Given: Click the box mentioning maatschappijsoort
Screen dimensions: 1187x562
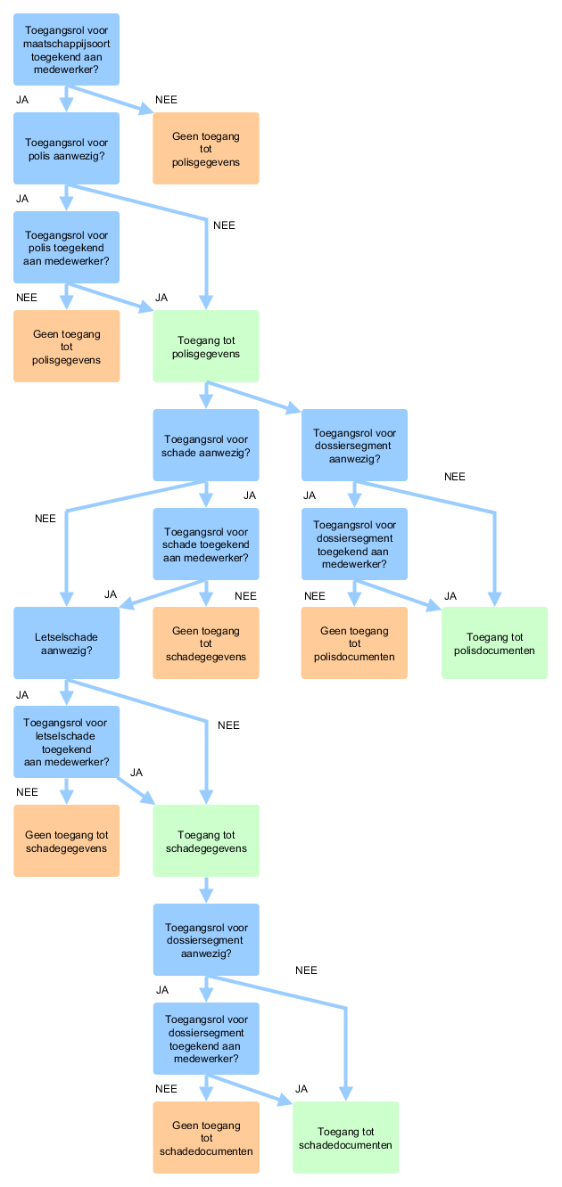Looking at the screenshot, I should [x=66, y=50].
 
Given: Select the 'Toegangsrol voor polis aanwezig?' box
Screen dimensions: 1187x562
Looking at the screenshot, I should [x=66, y=148].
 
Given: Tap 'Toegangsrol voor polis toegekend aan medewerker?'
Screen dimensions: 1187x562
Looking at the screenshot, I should [x=66, y=248].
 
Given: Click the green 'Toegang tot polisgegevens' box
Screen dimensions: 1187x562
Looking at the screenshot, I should [x=206, y=347].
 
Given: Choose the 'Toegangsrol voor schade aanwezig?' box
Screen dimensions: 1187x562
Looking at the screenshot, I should [x=206, y=446].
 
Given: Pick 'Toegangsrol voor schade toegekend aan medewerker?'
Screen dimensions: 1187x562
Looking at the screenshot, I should [x=206, y=544].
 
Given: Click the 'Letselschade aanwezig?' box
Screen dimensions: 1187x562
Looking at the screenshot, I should [x=66, y=643].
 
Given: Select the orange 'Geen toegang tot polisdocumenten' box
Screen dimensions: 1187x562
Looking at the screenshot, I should [x=354, y=643].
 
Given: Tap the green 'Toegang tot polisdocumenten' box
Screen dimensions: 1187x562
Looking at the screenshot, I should [x=494, y=643].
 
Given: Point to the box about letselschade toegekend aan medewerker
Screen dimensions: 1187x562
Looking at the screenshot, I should [x=66, y=742].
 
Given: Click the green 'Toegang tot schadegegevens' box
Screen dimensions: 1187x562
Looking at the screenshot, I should [x=206, y=841].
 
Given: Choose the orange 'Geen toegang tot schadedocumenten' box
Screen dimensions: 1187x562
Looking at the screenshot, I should [x=206, y=1138].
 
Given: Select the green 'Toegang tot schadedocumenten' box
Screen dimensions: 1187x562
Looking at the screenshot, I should [x=346, y=1138].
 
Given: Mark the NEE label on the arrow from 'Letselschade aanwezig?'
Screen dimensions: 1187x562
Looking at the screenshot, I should [x=228, y=725].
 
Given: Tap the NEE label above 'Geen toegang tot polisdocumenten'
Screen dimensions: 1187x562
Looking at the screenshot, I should [x=315, y=596].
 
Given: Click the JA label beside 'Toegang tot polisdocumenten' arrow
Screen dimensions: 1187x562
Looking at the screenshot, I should [x=450, y=596].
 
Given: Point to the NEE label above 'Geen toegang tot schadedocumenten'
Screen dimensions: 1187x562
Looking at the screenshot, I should [x=166, y=1089].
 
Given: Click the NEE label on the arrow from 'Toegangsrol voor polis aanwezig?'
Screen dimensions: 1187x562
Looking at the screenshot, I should [x=224, y=225].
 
